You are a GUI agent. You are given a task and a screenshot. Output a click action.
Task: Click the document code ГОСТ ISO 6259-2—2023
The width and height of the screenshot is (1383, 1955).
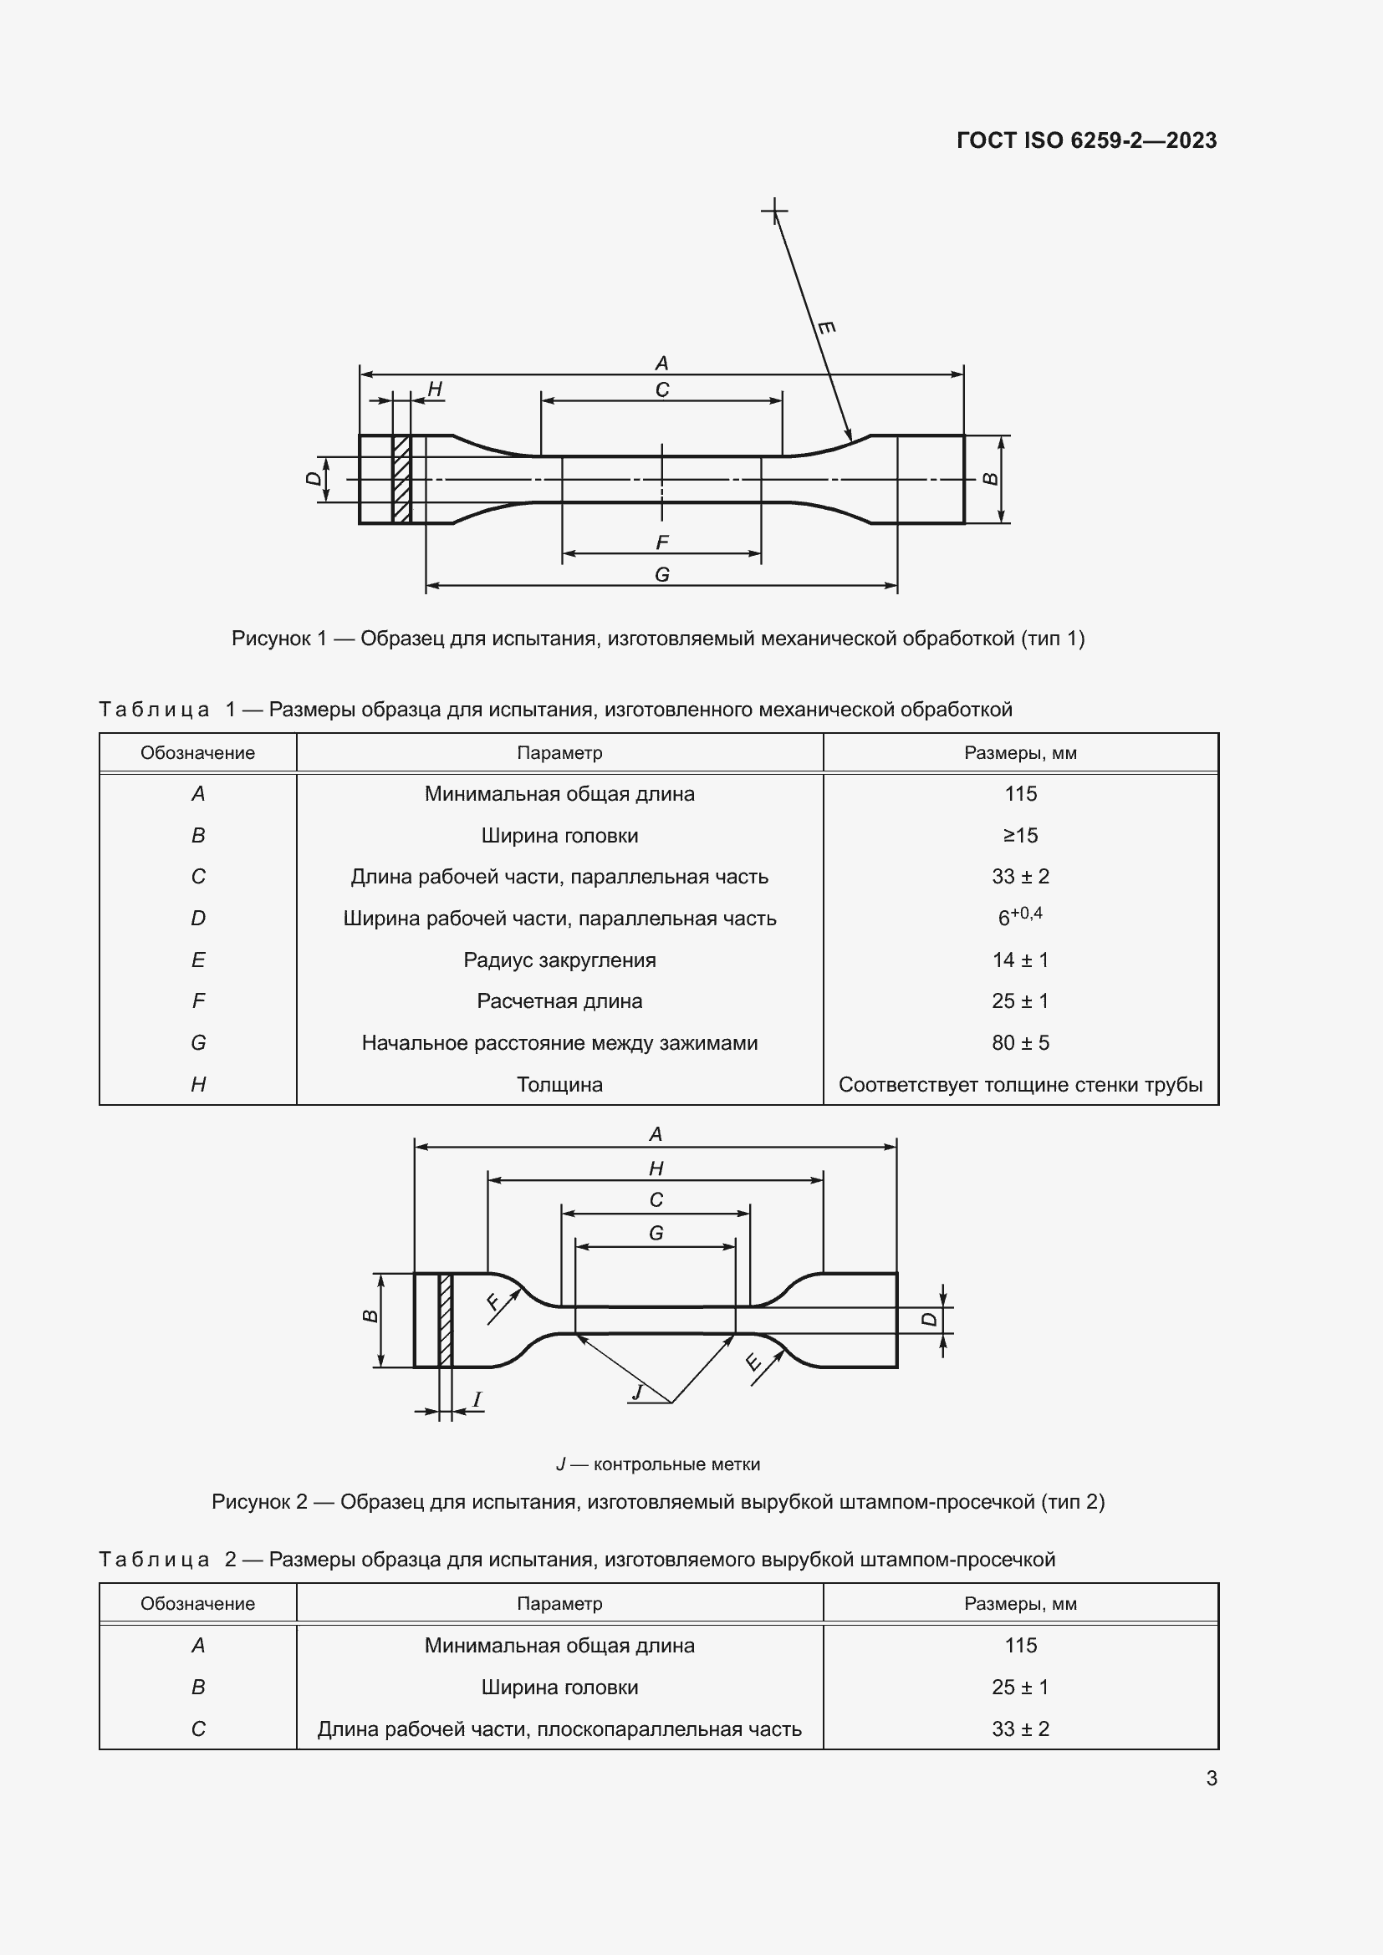(1087, 140)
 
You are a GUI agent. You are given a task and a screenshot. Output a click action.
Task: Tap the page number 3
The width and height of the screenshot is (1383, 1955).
(1211, 1778)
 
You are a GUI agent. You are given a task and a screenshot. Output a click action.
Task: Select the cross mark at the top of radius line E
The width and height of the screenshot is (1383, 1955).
(774, 210)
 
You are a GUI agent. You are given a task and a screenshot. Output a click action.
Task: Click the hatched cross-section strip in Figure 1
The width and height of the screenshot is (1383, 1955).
(402, 480)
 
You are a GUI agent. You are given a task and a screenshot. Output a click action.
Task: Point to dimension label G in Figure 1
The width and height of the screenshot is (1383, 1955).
(661, 575)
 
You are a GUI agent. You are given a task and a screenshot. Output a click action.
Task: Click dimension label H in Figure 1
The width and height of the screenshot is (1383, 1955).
(435, 390)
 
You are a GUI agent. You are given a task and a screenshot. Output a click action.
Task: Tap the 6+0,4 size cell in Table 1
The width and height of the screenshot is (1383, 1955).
(1020, 917)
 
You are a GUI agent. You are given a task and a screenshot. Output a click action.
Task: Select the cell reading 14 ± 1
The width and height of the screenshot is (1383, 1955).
(1020, 960)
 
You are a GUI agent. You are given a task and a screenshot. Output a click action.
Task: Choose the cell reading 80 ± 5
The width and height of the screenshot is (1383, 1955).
(1020, 1042)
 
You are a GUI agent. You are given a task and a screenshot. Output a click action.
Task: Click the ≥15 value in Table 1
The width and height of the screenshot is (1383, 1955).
(1020, 835)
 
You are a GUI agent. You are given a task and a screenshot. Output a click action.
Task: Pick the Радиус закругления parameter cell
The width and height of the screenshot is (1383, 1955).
(559, 960)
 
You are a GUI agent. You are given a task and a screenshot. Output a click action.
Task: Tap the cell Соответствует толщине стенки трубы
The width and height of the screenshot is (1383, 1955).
(1020, 1084)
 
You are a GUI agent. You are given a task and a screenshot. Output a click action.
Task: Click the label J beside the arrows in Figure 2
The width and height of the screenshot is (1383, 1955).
(636, 1392)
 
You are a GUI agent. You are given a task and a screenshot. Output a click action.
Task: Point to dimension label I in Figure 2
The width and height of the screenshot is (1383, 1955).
(477, 1399)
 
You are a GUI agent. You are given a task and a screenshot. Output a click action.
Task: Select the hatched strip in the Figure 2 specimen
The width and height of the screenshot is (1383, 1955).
(446, 1320)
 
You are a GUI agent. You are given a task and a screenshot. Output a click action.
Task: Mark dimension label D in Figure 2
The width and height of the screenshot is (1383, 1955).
(929, 1319)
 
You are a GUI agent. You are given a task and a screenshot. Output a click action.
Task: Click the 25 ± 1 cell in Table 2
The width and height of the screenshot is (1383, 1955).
(1020, 1687)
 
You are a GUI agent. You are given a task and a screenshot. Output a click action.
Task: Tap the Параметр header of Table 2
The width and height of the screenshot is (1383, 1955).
(559, 1603)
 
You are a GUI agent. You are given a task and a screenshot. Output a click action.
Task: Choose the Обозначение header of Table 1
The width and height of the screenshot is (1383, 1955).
(197, 753)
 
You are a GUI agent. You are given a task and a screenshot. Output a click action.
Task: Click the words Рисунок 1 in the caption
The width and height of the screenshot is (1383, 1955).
(278, 639)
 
